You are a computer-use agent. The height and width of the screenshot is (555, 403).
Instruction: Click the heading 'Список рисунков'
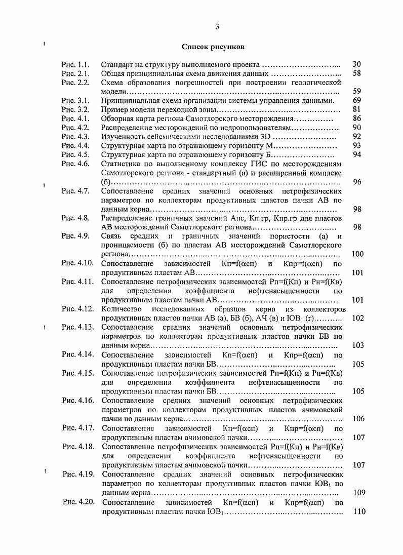(213, 47)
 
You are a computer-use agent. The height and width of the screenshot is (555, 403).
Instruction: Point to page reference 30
(356, 64)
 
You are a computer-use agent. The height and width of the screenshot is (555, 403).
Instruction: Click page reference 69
(356, 101)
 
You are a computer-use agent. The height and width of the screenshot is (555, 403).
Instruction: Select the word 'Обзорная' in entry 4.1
(117, 119)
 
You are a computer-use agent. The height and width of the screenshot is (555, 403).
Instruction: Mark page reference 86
(356, 119)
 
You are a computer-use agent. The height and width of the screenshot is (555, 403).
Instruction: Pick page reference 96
(356, 182)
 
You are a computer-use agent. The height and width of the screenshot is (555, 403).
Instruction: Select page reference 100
(357, 254)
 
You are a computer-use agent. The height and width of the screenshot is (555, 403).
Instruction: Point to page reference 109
(358, 492)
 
